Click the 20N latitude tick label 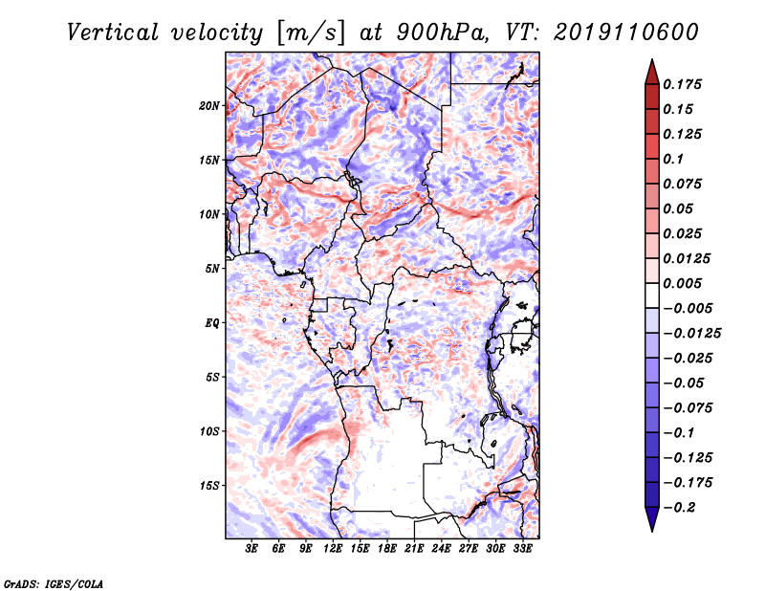(209, 106)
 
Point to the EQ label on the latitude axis (212, 323)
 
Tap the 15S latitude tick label (209, 486)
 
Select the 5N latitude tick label (212, 269)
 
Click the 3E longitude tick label (251, 549)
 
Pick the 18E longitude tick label (387, 549)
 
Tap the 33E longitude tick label (522, 549)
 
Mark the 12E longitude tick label (333, 549)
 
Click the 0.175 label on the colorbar (682, 84)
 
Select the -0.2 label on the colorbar (679, 508)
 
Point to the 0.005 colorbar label (682, 283)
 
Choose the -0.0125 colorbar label (691, 334)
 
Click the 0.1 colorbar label (673, 159)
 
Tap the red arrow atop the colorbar (652, 73)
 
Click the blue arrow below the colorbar (652, 519)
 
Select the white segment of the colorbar (652, 295)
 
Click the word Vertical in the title (112, 33)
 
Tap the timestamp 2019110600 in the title (626, 33)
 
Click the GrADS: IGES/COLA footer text (54, 583)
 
